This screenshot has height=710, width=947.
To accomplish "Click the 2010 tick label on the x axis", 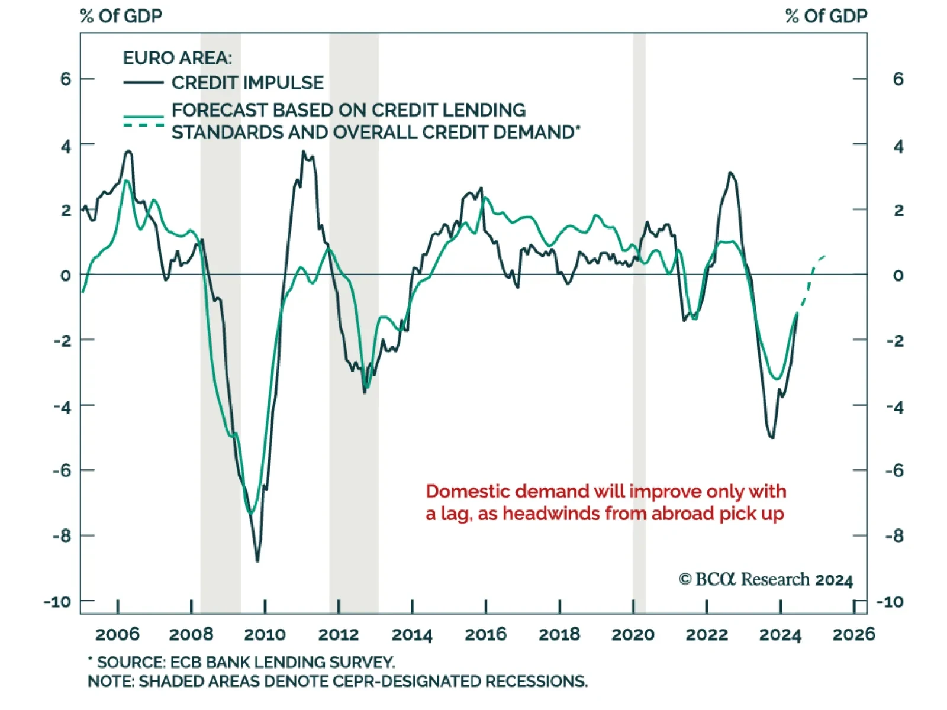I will (265, 635).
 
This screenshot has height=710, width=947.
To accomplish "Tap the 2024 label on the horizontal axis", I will (780, 635).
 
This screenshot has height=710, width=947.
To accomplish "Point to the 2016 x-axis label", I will (485, 635).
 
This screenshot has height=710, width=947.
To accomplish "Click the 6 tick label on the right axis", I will (898, 79).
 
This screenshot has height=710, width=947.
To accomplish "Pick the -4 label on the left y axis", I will (62, 406).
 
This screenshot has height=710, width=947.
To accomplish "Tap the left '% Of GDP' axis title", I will (121, 16).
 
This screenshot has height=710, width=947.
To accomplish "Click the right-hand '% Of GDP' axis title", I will (826, 16).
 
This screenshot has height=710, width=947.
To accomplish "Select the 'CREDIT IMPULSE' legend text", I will (247, 83).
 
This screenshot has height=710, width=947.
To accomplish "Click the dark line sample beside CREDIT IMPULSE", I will (143, 83).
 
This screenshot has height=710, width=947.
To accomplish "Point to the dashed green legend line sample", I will (143, 125).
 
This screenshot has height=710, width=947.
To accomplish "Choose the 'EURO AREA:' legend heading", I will (177, 58).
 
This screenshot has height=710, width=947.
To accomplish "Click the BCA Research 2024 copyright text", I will (766, 579).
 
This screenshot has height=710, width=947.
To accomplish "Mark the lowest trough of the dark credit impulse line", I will (257, 560).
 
